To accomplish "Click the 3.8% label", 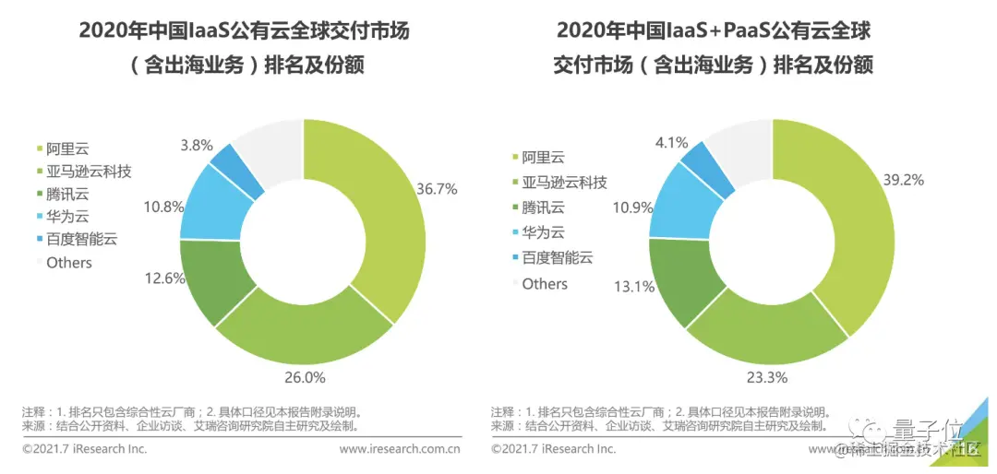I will (x=197, y=145).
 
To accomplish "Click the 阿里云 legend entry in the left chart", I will (x=68, y=148).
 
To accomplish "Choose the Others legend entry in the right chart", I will (x=545, y=284).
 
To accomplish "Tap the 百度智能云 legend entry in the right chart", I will (x=558, y=258).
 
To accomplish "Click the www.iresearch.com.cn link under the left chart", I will (x=400, y=449).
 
